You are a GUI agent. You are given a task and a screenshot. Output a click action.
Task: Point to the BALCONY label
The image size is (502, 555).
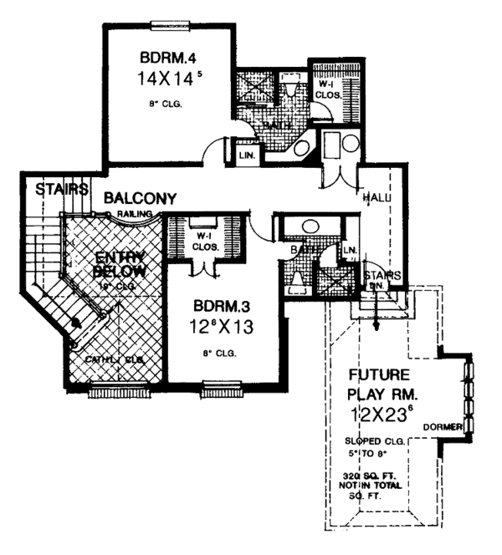coord(140,198)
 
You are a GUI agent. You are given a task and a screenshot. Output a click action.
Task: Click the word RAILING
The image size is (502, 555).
coord(131,214)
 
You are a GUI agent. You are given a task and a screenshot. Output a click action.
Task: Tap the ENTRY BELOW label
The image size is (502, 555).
coord(120,264)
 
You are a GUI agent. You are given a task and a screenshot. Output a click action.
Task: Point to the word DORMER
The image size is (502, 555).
coord(443,426)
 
